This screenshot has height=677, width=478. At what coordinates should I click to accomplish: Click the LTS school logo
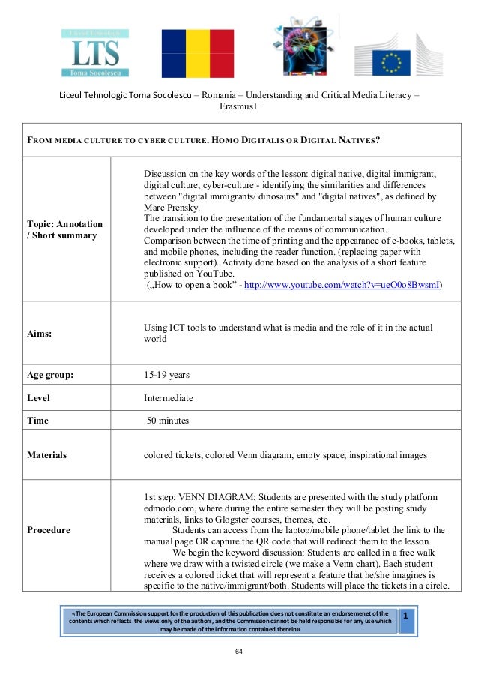pos(94,54)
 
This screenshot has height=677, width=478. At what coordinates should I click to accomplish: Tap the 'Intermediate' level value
pos(168,398)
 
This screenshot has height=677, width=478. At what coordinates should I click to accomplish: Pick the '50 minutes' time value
pos(168,421)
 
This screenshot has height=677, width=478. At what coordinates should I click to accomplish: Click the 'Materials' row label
pos(46,454)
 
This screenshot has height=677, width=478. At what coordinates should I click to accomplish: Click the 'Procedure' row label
pos(49,530)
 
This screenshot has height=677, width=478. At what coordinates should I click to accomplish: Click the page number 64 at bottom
pos(239,652)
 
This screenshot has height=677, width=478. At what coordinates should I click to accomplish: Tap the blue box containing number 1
pos(406,621)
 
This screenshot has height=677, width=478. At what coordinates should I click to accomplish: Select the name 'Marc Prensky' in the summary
pos(172,207)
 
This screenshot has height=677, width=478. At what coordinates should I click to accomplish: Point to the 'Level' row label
pos(38,398)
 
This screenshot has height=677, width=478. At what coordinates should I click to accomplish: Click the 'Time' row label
pos(37,421)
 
